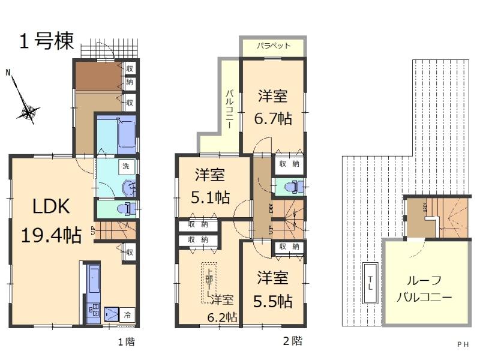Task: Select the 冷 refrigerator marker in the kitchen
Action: (x=127, y=314)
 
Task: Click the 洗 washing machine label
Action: (x=125, y=166)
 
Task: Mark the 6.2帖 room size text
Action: (x=222, y=317)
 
